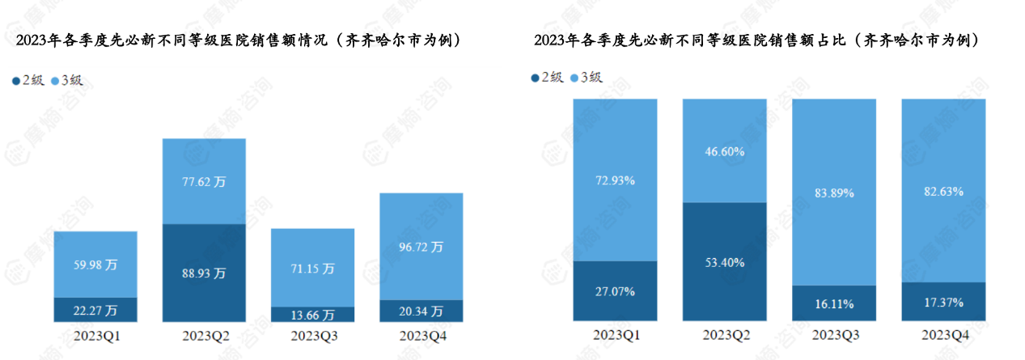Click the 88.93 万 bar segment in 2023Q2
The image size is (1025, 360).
pos(204,273)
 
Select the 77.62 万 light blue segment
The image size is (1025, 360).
pos(204,181)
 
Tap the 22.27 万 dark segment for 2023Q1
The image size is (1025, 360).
pos(95,310)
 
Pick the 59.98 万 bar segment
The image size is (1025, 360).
pos(95,265)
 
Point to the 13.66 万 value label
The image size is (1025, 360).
pos(312,314)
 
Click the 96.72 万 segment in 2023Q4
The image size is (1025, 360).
pos(421,246)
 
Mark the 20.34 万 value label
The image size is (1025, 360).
pos(421,311)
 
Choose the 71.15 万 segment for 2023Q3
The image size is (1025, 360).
pos(312,267)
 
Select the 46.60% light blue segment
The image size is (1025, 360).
pos(724,150)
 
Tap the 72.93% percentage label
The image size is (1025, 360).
pos(614,180)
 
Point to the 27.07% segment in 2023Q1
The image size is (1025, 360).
pos(614,290)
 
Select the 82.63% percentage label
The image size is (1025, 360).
pos(943,191)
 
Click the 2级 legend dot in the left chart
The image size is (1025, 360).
pos(16,81)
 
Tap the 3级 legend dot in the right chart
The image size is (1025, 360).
pos(574,78)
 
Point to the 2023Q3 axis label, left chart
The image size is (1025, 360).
pos(312,334)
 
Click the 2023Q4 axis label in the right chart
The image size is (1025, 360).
pos(943,334)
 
